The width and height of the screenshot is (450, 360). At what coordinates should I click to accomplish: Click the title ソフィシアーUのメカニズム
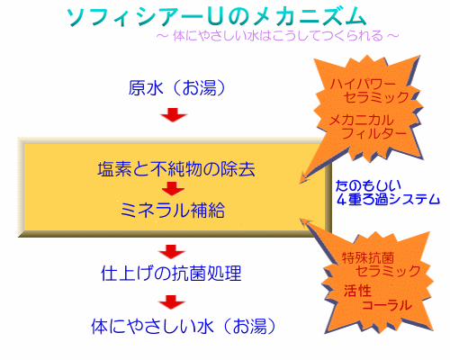(x=216, y=17)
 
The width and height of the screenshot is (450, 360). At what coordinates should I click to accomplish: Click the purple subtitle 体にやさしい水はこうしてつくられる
(x=278, y=36)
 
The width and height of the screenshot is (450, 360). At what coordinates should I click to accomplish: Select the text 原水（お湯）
(x=177, y=88)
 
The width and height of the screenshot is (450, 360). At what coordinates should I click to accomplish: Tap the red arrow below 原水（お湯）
(x=174, y=114)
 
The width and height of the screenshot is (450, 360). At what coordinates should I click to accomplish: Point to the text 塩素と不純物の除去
(x=176, y=169)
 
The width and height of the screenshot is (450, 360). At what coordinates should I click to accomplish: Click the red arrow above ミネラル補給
(x=173, y=189)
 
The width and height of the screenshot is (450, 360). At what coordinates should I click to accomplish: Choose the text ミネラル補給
(x=173, y=210)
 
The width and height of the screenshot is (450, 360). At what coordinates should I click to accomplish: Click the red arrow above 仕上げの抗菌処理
(x=172, y=252)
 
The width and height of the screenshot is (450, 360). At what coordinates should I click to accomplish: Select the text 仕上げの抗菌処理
(x=171, y=274)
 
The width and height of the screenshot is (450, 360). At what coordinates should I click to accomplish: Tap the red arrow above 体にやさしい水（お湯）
(x=172, y=302)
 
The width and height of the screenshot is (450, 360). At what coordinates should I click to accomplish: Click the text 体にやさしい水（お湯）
(x=184, y=327)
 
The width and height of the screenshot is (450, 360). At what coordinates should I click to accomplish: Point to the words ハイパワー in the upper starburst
(x=363, y=84)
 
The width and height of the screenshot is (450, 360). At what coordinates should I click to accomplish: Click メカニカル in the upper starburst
(x=361, y=121)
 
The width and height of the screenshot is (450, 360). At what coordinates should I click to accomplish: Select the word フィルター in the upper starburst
(x=374, y=133)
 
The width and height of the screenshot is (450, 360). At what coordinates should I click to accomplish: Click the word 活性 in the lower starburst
(x=357, y=291)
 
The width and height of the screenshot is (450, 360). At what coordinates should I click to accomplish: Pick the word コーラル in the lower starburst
(x=387, y=305)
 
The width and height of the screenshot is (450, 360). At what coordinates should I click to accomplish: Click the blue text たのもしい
(x=368, y=186)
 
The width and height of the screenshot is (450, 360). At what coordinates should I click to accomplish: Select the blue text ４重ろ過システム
(x=388, y=199)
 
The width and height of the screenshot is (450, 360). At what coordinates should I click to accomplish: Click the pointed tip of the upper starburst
(x=300, y=184)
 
